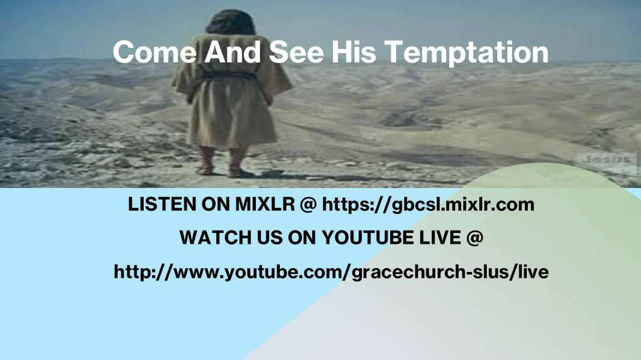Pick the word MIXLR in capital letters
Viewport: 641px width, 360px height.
tap(265, 205)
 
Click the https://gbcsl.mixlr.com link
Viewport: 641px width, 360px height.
tap(428, 205)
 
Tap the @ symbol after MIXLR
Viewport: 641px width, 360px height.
tap(309, 205)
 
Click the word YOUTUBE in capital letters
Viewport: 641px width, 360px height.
tap(368, 238)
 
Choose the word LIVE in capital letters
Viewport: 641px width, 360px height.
tap(440, 238)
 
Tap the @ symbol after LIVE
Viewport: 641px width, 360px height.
tap(475, 238)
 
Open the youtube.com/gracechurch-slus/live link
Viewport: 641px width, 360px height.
tap(331, 272)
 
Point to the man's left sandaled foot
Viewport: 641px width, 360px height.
tap(206, 162)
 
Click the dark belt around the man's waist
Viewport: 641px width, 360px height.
tap(229, 76)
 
